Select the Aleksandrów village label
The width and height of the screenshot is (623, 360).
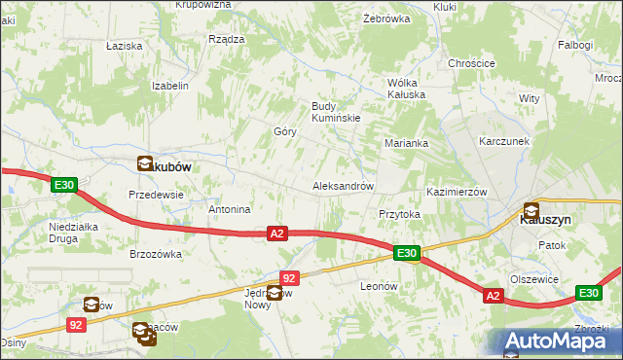342,185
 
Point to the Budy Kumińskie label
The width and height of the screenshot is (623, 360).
336,112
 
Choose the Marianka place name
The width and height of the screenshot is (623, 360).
406,143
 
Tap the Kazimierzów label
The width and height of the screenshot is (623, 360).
456,192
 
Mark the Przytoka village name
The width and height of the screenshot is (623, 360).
398,214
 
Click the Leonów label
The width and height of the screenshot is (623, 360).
381,286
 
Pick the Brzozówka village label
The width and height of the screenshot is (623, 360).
156,254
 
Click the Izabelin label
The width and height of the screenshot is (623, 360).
169,86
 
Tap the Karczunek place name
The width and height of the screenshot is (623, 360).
503,140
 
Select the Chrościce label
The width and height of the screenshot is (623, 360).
471,63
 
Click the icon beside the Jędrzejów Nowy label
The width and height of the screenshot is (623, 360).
275,293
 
